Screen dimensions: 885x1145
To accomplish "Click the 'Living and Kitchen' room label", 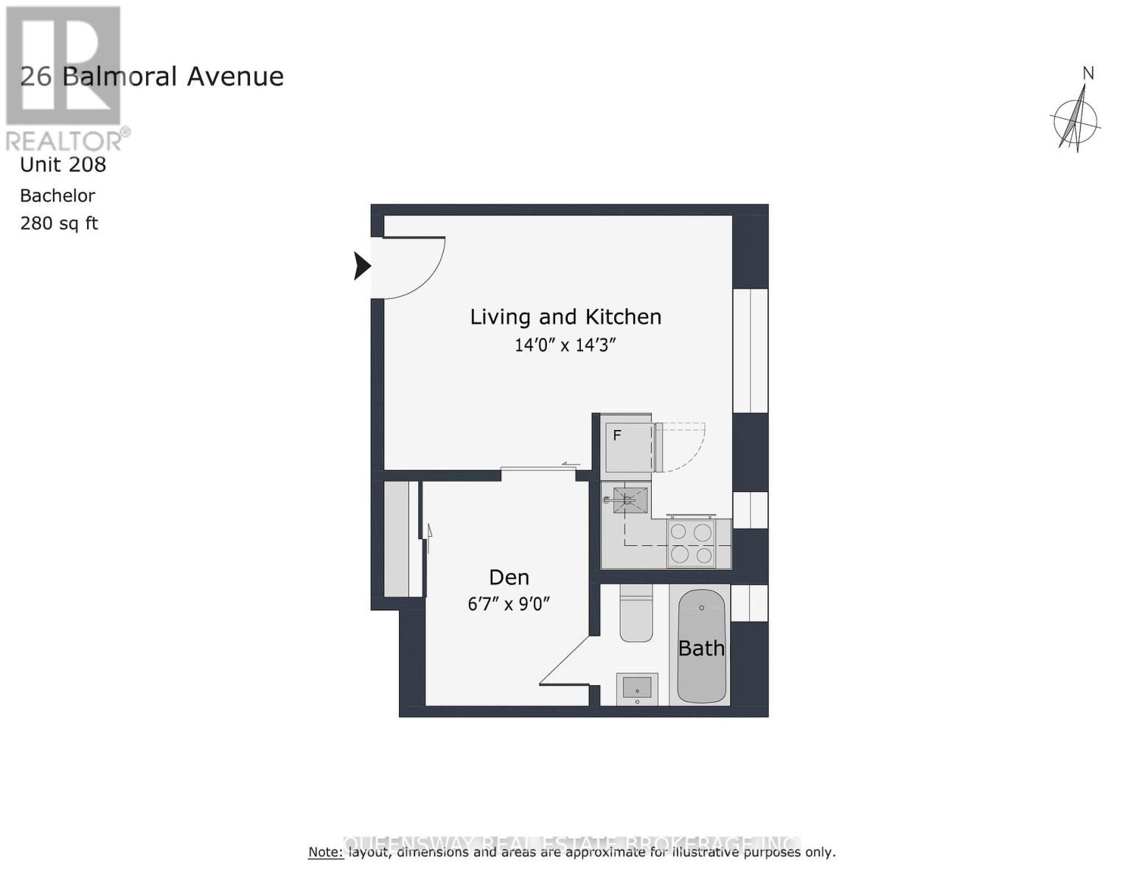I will coord(565,317).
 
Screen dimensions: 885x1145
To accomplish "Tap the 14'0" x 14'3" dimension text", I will coord(565,345).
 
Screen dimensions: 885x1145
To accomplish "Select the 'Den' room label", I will coord(509,577).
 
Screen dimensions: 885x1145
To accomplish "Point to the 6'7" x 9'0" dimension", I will coord(509,604).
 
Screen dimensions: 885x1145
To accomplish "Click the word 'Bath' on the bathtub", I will coord(701,648).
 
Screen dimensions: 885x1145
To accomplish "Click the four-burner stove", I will coord(691,544).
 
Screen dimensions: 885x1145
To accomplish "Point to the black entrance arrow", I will coord(361,265).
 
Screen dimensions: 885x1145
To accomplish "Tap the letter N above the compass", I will coord(1087,73).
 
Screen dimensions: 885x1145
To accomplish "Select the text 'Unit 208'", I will coord(63,164).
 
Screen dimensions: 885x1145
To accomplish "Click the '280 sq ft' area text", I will coord(59,223).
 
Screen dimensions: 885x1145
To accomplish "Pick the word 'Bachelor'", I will coord(58,196).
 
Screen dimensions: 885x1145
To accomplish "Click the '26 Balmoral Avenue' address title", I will coord(152,77).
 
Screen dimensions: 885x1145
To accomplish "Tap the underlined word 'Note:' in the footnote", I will coord(326,853).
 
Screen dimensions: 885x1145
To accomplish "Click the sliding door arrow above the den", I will coord(570,464).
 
